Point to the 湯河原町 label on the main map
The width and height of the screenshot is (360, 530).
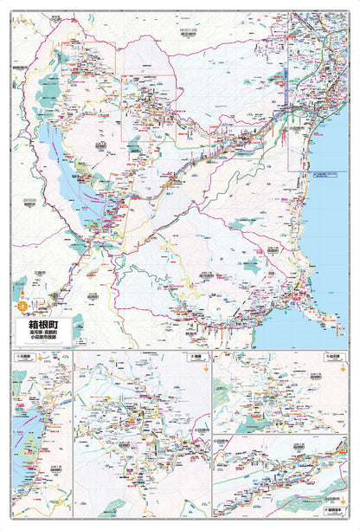[x=206, y=275]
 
